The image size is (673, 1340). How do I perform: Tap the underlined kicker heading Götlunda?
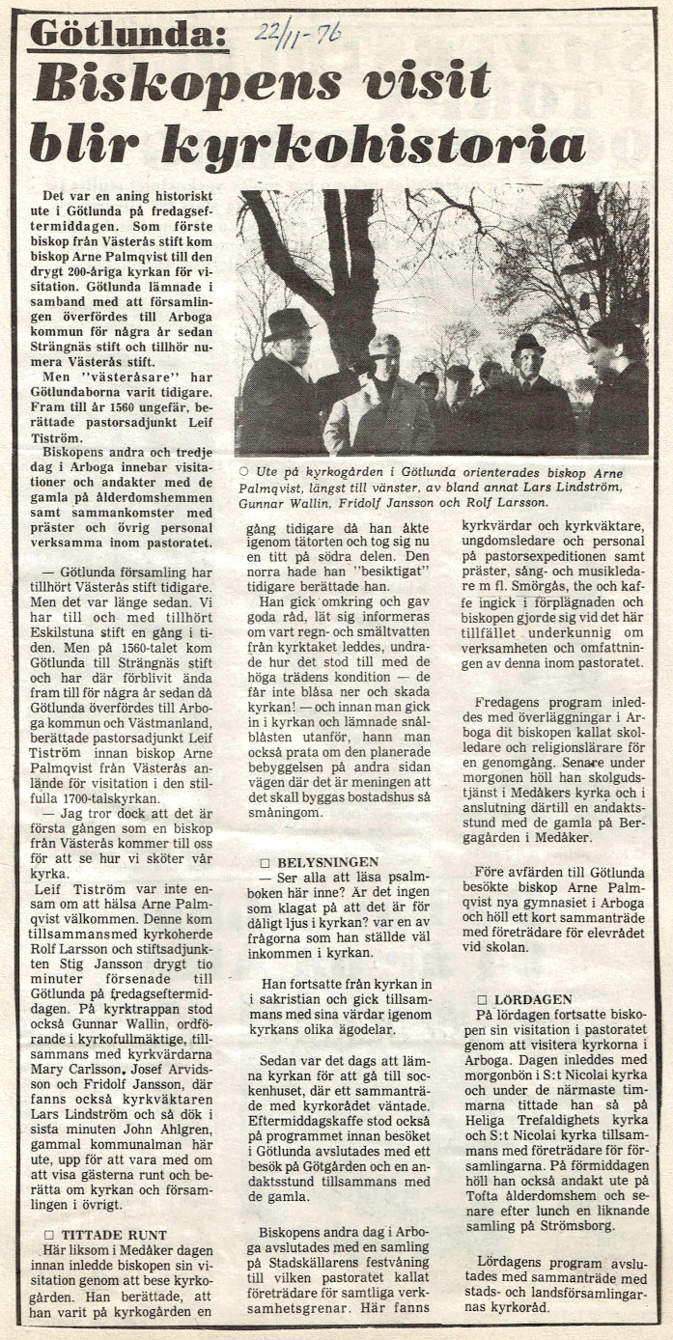127,35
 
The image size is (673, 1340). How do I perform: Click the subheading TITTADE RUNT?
113,1234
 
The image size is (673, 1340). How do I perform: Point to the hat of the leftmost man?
288,323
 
